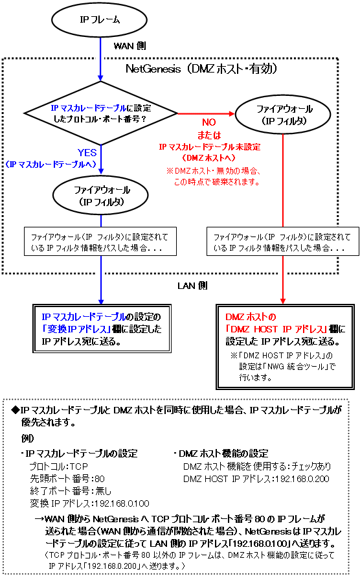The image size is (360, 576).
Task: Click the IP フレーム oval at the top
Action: click(99, 20)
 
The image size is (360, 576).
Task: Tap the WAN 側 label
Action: click(130, 46)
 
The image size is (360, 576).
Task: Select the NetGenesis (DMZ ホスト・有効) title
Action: click(201, 69)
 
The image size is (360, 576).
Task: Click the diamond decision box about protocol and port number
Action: click(100, 113)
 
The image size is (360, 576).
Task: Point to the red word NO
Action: click(208, 122)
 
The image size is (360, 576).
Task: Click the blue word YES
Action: click(87, 152)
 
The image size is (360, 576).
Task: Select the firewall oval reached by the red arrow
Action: click(282, 115)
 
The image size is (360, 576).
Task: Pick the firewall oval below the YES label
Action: click(101, 196)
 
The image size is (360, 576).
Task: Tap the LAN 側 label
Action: click(193, 286)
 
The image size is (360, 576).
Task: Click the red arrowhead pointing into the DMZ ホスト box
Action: click(282, 301)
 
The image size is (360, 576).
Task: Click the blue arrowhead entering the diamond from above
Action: click(100, 78)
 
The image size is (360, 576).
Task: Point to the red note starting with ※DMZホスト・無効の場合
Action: click(213, 176)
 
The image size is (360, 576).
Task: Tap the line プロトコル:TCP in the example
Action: click(59, 467)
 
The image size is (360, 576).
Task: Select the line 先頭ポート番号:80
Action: click(67, 479)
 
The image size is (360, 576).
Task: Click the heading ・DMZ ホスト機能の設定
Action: click(221, 454)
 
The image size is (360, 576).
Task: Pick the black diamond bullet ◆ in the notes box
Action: click(15, 410)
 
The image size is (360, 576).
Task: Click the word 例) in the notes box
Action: click(27, 438)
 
